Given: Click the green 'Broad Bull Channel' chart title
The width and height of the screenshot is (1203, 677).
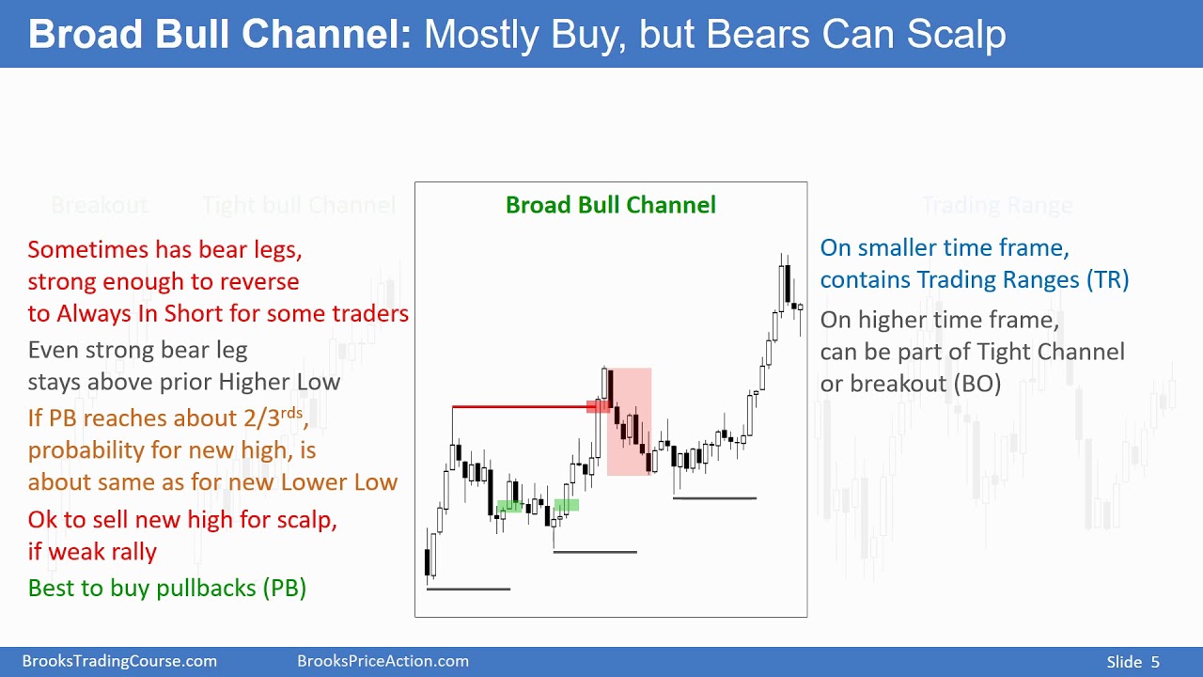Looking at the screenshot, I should [x=610, y=205].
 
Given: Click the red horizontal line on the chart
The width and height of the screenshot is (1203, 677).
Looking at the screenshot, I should [x=522, y=407].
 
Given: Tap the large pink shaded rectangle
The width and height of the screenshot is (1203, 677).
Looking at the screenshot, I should [x=630, y=423].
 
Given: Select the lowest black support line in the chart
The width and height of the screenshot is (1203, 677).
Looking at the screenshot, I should [x=468, y=590].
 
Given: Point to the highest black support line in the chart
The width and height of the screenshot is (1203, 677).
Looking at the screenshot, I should [x=714, y=498].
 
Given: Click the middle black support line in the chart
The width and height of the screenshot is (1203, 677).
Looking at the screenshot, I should [x=595, y=552].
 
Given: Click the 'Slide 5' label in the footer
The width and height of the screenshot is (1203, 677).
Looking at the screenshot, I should [x=1133, y=662].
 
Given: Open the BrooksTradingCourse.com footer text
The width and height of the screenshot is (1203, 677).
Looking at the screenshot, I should [x=119, y=662].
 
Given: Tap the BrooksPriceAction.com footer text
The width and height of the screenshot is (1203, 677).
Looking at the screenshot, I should [x=383, y=662].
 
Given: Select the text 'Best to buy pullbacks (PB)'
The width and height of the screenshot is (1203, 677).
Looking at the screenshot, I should [x=167, y=588].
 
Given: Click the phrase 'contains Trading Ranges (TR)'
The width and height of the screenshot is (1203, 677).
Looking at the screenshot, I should [x=974, y=279].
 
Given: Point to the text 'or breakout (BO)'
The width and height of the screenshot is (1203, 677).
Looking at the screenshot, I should [x=910, y=384].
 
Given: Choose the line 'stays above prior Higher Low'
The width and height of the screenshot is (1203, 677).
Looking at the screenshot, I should [x=184, y=382].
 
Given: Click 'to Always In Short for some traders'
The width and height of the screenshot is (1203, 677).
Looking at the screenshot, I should [x=218, y=314].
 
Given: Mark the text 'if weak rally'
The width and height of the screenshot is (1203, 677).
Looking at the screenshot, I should [x=92, y=552].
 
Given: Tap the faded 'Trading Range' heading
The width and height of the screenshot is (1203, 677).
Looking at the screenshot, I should [x=996, y=205].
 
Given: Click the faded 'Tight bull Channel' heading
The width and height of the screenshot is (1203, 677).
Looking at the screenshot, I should [x=299, y=205].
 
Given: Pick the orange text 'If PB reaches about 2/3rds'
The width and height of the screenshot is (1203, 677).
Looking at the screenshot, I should [x=167, y=417].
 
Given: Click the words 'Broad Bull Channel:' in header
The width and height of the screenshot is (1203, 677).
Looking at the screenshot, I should [x=220, y=34].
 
